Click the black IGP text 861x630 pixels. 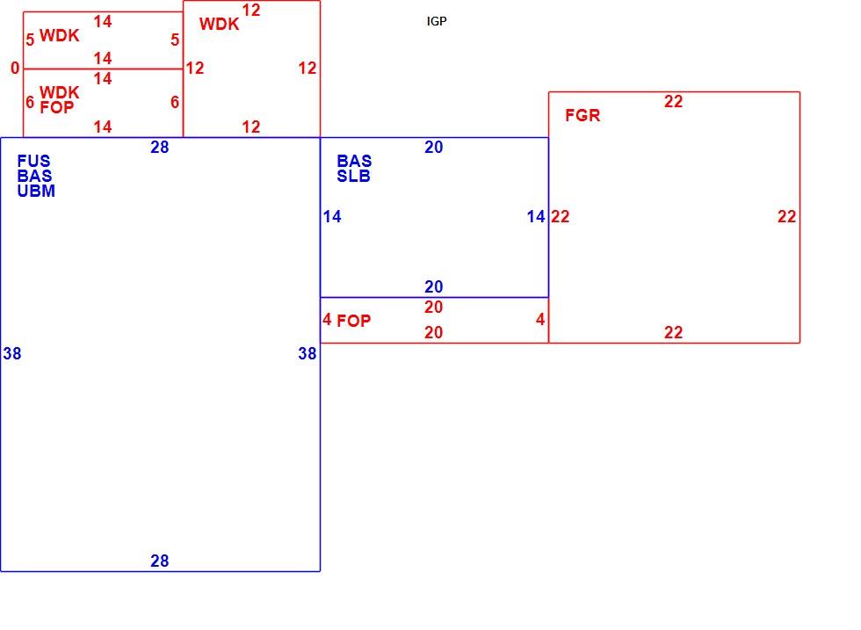click(437, 21)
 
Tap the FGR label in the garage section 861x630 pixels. click(582, 115)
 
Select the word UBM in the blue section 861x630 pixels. click(36, 192)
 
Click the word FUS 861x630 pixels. click(33, 161)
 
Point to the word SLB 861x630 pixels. click(353, 177)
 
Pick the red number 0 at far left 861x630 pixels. click(15, 69)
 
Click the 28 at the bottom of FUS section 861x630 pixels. click(160, 561)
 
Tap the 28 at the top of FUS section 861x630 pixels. click(160, 148)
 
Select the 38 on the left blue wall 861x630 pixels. click(12, 354)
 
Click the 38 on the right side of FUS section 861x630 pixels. click(307, 354)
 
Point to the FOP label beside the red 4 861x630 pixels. click(353, 321)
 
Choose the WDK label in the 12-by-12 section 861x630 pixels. click(219, 25)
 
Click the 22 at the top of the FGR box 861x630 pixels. click(674, 102)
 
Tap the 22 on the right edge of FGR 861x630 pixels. click(787, 217)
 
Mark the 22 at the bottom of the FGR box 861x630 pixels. click(674, 333)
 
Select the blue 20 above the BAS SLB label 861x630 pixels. click(434, 148)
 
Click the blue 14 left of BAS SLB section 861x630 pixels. click(332, 217)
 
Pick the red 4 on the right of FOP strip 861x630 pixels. click(540, 320)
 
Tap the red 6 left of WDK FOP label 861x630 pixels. click(30, 102)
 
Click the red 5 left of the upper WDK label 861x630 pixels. click(30, 40)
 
